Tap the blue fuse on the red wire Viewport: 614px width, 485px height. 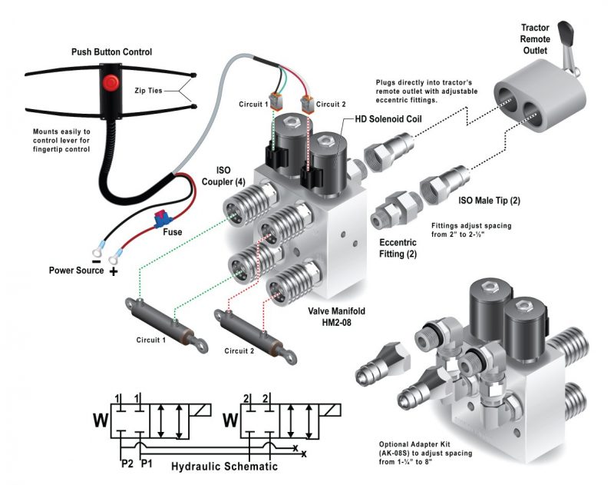pyautogui.click(x=163, y=219)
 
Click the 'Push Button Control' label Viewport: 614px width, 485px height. pyautogui.click(x=111, y=51)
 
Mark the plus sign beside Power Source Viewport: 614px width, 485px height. pyautogui.click(x=113, y=271)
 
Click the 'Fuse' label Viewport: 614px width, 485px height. pyautogui.click(x=173, y=231)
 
